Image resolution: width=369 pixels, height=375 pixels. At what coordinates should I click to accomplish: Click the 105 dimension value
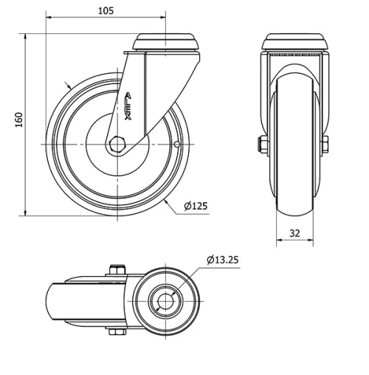[106, 10]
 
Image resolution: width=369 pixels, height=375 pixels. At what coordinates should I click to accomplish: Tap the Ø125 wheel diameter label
[195, 207]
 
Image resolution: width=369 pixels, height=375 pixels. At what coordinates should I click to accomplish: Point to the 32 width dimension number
[294, 233]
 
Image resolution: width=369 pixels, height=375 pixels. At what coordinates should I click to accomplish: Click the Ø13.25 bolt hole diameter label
[223, 260]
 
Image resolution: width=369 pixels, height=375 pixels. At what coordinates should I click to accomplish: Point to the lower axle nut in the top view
[117, 333]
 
